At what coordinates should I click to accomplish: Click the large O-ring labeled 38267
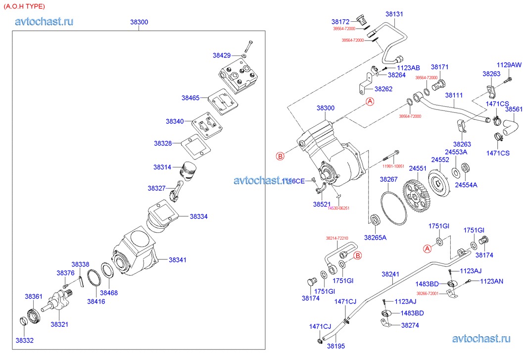click(394, 207)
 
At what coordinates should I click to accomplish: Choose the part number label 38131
click(394, 14)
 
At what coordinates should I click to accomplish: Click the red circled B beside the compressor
click(280, 156)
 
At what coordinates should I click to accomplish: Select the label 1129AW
click(509, 65)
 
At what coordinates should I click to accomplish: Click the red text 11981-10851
click(393, 166)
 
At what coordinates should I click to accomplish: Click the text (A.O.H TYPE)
click(24, 6)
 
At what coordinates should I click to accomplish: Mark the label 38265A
click(375, 237)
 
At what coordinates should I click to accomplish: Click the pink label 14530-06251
click(338, 208)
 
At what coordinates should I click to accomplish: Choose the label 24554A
click(466, 185)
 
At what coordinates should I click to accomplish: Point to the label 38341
click(178, 259)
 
